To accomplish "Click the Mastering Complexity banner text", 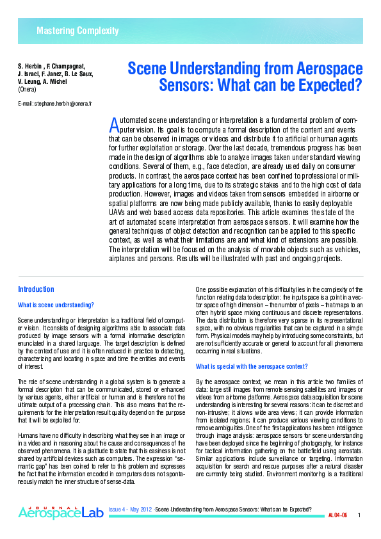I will click(77, 31).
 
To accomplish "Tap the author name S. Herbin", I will click(29, 66).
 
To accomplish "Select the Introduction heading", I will click(36, 289).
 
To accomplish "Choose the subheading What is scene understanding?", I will click(56, 305).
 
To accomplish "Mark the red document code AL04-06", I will click(337, 515).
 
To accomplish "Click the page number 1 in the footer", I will click(359, 515).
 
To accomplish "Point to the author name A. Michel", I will click(56, 81).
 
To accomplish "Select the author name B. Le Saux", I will click(77, 74).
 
